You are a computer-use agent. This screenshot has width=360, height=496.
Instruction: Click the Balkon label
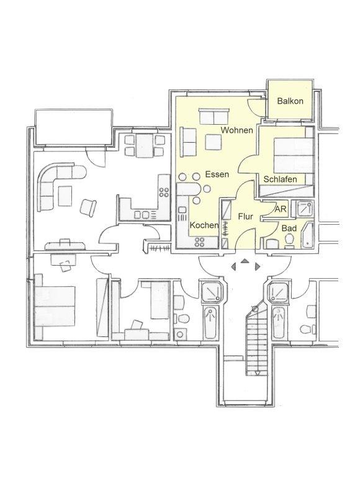(290, 101)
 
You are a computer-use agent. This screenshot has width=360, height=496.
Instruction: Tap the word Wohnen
(236, 130)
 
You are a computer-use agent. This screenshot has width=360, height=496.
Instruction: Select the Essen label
(217, 174)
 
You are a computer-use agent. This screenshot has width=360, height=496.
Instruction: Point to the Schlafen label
(281, 179)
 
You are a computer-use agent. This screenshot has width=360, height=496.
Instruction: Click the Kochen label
(204, 225)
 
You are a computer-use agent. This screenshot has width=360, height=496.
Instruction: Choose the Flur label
(246, 217)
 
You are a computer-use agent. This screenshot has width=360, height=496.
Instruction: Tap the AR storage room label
(281, 209)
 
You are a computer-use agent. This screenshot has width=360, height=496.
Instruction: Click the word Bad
(289, 228)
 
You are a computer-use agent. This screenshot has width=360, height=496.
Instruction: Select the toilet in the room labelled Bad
(289, 240)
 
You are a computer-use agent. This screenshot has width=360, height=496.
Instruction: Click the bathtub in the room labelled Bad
(308, 235)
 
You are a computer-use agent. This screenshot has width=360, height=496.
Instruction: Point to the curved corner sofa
(57, 184)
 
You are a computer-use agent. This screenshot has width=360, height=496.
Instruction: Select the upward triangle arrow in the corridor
(245, 261)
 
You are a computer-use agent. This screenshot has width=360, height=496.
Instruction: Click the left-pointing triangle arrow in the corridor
(233, 267)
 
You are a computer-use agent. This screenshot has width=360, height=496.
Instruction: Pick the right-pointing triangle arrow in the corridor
(257, 267)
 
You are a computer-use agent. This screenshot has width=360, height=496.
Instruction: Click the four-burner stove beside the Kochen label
(200, 242)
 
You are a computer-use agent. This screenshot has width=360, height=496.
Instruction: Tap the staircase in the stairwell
(256, 338)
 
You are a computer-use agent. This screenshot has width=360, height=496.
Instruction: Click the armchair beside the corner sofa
(88, 208)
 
